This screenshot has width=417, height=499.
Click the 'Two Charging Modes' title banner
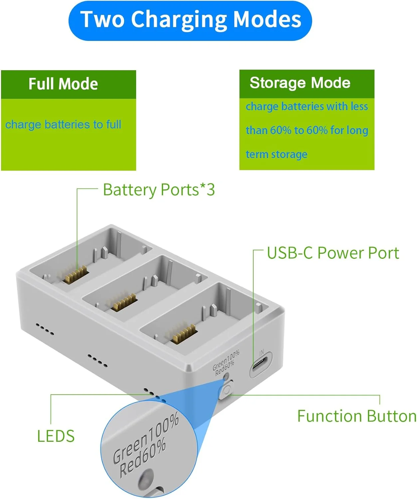[x=190, y=20]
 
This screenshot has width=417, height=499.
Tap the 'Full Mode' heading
[x=63, y=84]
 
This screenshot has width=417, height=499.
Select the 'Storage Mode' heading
[x=300, y=83]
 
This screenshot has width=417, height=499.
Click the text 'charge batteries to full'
[x=63, y=124]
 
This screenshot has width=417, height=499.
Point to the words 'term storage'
[x=277, y=154]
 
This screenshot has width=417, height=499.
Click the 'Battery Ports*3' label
[x=159, y=190]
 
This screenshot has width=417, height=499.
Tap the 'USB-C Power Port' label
[x=333, y=253]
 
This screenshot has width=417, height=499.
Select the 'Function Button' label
[x=356, y=416]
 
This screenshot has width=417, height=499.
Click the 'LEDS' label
[x=56, y=436]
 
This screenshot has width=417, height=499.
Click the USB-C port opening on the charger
[x=261, y=365]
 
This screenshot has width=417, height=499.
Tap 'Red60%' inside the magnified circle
[x=142, y=457]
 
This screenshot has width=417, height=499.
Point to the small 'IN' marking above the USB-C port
[x=262, y=352]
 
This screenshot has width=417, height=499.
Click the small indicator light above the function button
[x=226, y=377]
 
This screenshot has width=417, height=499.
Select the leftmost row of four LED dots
[x=45, y=328]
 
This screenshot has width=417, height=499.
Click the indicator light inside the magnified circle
[x=145, y=478]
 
